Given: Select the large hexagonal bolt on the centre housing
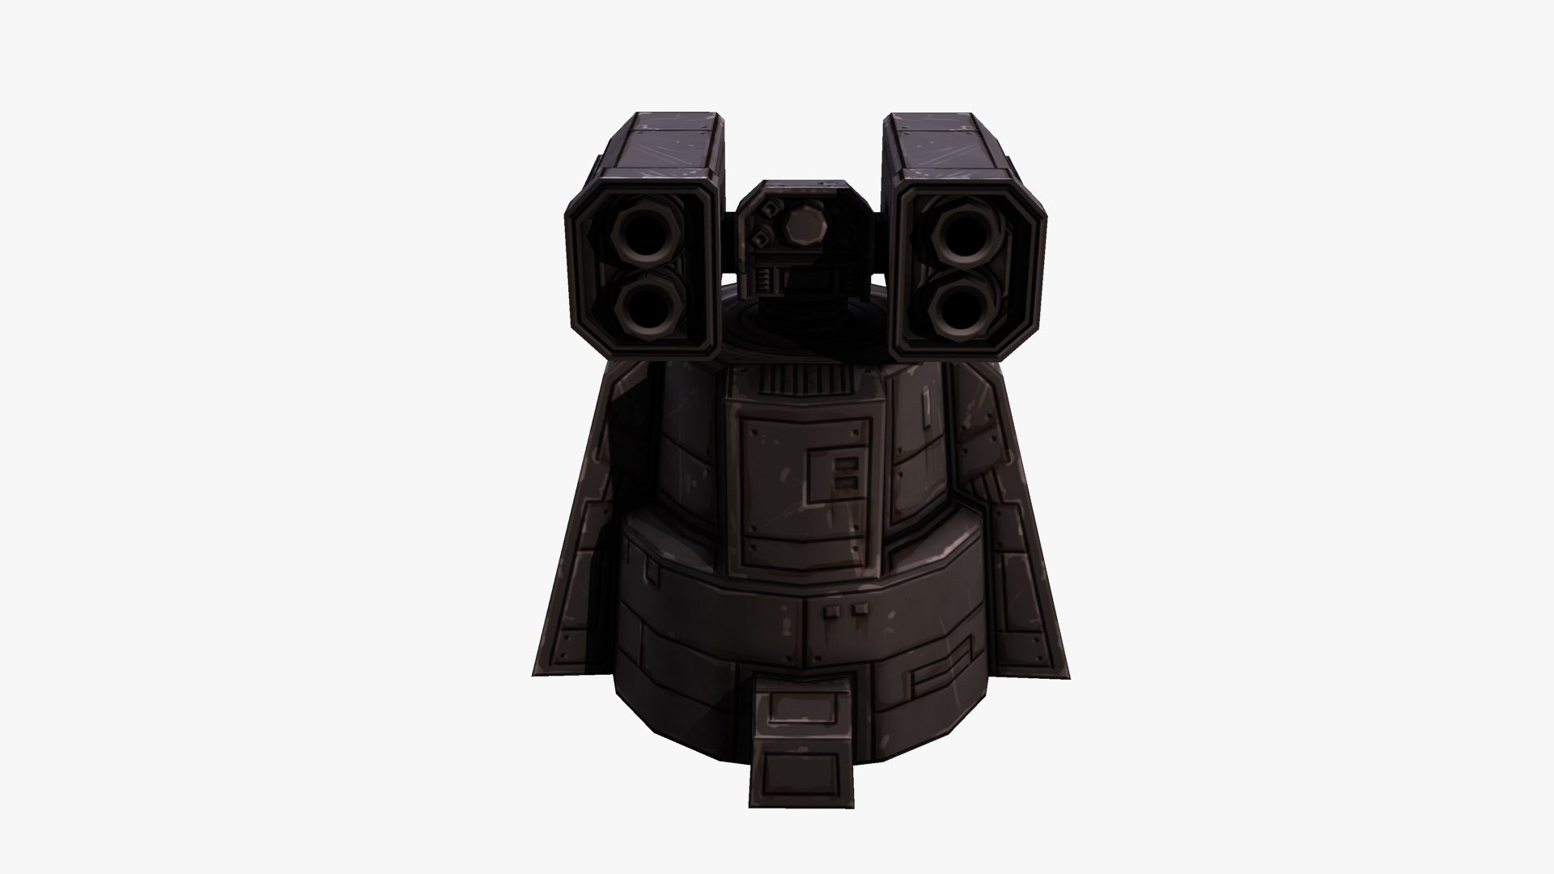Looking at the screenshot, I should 800,227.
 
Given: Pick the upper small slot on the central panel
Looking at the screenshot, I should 847,465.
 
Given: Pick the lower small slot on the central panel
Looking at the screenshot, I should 847,482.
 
